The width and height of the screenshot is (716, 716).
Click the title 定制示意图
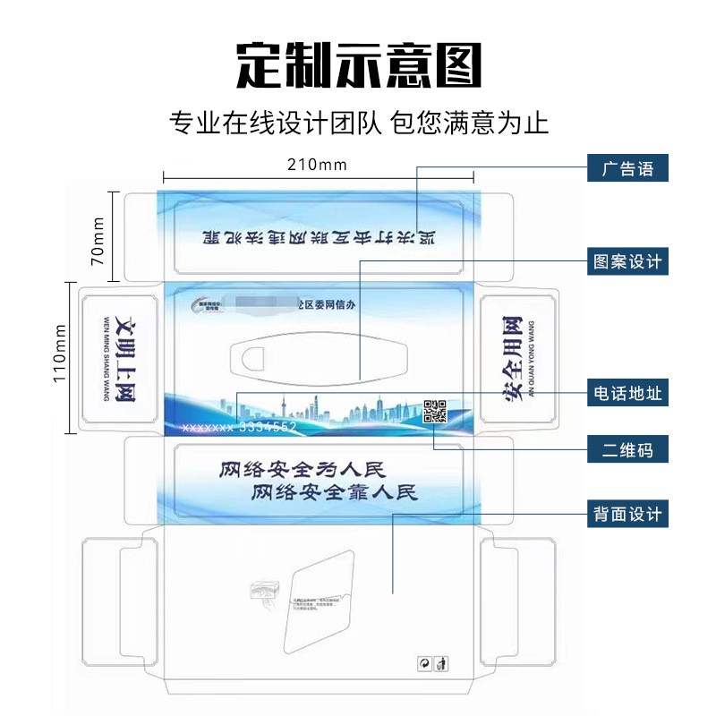[x=358, y=64]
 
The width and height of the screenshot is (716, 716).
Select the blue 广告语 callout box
[x=627, y=168]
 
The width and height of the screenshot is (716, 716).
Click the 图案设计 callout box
[x=627, y=261]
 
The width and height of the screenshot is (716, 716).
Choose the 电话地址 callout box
[x=627, y=393]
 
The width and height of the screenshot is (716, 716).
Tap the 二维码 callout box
[x=627, y=450]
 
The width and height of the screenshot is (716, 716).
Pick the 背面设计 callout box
[x=627, y=514]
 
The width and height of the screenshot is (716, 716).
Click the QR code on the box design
[x=435, y=411]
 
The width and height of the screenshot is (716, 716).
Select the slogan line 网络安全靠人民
[x=334, y=491]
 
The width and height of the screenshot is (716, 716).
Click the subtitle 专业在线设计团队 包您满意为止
[x=358, y=121]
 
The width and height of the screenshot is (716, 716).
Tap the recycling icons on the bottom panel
[x=433, y=663]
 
